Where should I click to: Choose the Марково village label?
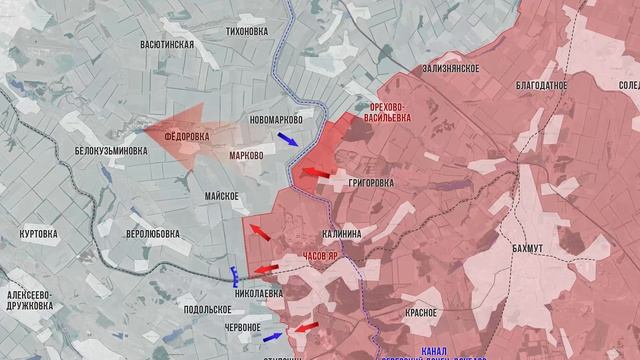[x=245, y=156]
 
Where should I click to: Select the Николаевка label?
[x=259, y=293]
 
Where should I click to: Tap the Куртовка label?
[x=39, y=233]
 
